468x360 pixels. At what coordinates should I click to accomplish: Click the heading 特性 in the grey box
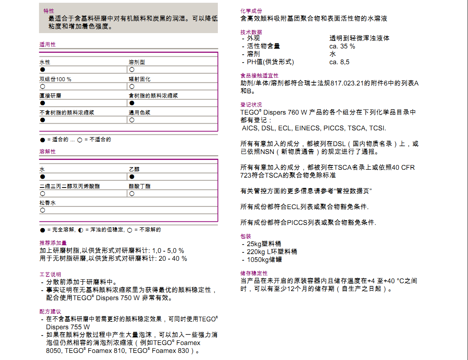49,11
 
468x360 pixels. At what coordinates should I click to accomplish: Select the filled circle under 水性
43,70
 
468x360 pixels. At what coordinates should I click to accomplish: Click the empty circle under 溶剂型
132,70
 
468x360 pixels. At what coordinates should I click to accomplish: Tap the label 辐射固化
139,79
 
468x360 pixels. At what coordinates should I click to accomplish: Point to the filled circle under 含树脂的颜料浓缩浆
132,103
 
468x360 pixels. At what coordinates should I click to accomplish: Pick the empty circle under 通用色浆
132,120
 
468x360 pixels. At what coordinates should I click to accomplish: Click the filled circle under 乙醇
132,177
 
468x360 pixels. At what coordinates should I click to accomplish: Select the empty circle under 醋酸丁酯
132,194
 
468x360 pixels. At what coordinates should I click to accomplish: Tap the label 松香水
48,202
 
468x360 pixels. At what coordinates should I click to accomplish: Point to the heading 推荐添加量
53,243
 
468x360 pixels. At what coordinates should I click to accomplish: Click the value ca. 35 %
342,46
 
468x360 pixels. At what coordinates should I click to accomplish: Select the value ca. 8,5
339,62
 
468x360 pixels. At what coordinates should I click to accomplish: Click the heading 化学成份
251,11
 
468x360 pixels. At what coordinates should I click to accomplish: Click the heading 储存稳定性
254,273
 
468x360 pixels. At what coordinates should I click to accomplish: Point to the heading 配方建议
50,311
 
